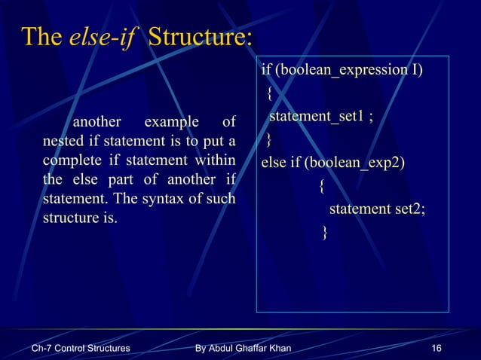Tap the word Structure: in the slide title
(x=200, y=37)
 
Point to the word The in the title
(x=41, y=37)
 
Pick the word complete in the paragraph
(x=72, y=160)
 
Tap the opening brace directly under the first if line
(x=269, y=94)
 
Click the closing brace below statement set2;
(x=325, y=231)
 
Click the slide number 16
(x=436, y=349)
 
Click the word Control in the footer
(x=77, y=349)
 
